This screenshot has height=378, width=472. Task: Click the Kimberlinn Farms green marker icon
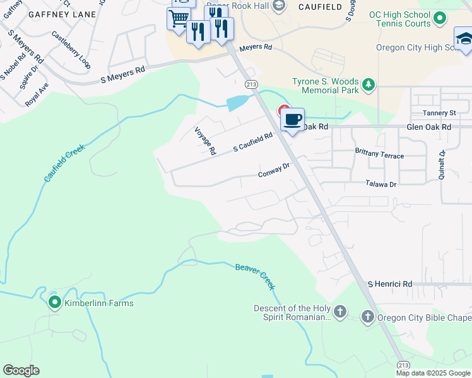click(x=54, y=303)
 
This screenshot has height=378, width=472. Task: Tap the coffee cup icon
click(x=292, y=119)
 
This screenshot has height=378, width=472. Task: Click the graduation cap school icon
click(x=464, y=38)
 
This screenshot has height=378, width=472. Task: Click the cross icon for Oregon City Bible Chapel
click(x=368, y=316)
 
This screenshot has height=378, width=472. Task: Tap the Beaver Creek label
click(x=256, y=276)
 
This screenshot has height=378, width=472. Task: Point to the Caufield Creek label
click(x=64, y=162)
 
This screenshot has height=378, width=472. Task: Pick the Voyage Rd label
click(x=206, y=140)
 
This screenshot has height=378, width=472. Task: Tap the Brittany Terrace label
click(x=379, y=154)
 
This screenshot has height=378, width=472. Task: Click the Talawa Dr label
click(x=381, y=184)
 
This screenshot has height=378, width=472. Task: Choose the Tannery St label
click(x=439, y=113)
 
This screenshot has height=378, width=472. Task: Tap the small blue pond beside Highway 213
click(x=237, y=102)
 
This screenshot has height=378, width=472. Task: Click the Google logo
click(x=21, y=370)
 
